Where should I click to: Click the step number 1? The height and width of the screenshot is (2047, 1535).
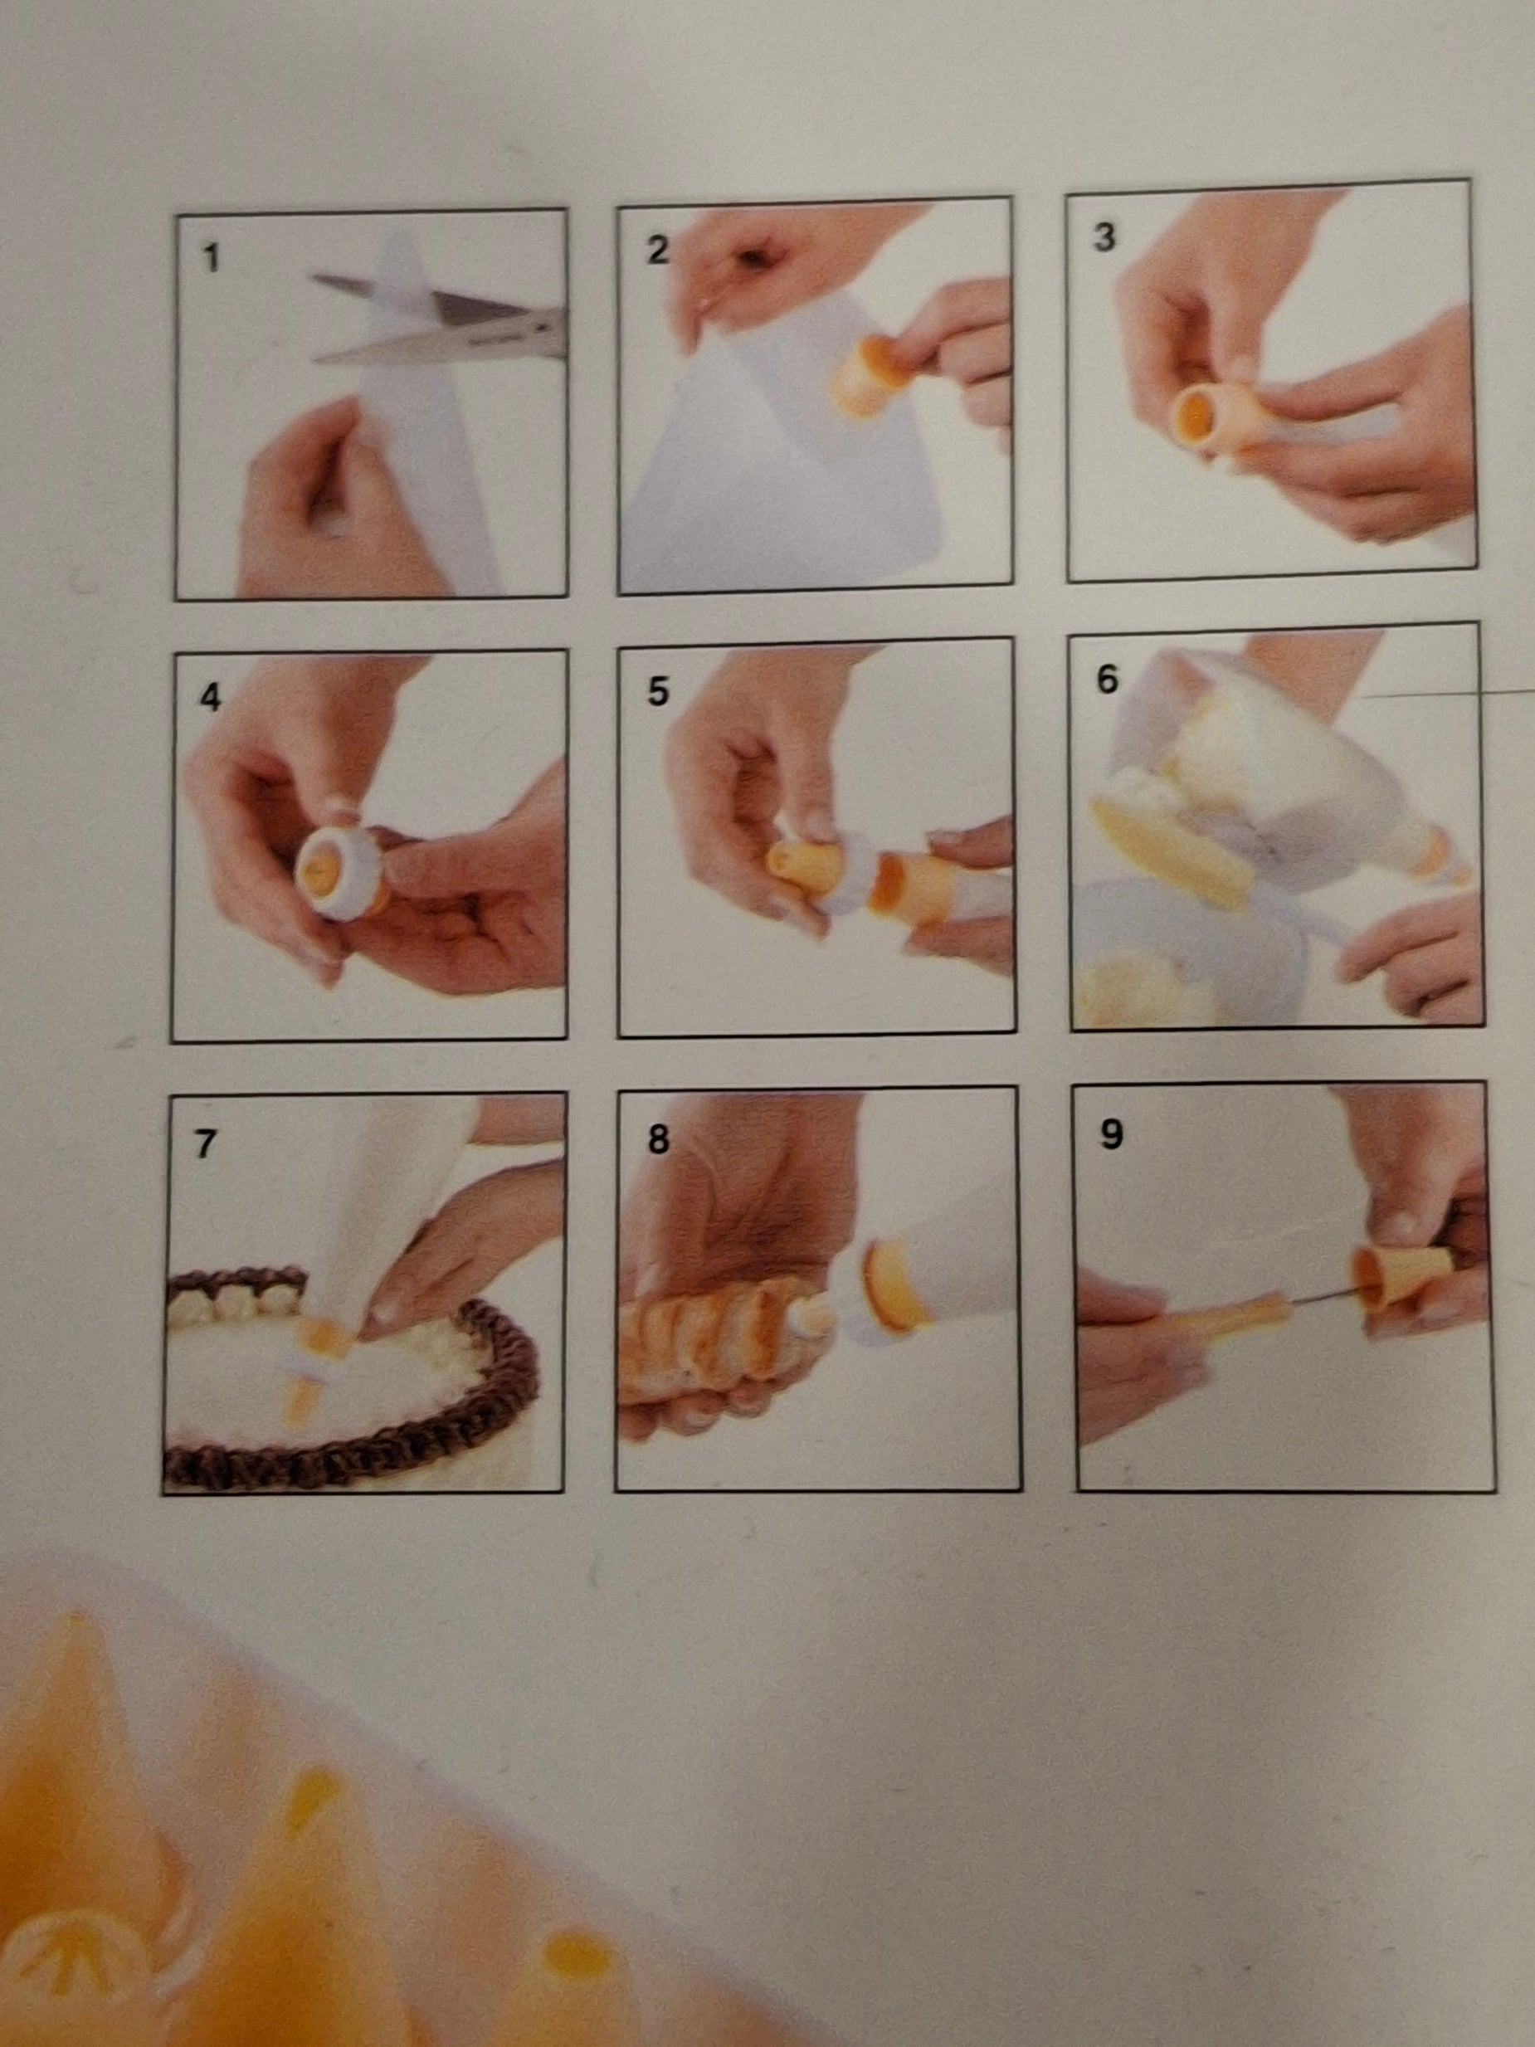(x=211, y=258)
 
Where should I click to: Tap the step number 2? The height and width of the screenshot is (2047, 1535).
(x=657, y=249)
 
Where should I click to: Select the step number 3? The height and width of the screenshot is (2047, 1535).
(x=1103, y=237)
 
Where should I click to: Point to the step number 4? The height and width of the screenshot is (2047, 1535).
(x=210, y=698)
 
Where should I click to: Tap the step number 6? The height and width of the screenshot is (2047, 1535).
(x=1107, y=680)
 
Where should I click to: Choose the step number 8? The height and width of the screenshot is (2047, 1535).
(x=657, y=1139)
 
